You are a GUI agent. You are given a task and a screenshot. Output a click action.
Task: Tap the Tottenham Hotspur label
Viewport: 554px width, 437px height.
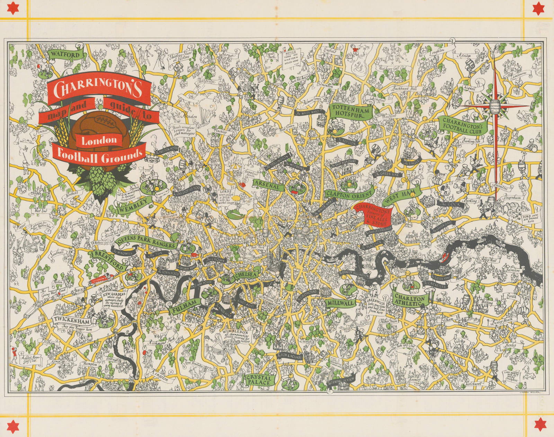tap(347, 111)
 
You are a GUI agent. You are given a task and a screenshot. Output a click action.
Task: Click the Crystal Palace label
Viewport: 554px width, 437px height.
tap(260, 379)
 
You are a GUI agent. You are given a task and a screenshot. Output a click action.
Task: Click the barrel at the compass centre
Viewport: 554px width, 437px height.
tap(495, 106)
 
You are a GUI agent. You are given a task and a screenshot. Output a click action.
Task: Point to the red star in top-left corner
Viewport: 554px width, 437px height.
tap(14, 8)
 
